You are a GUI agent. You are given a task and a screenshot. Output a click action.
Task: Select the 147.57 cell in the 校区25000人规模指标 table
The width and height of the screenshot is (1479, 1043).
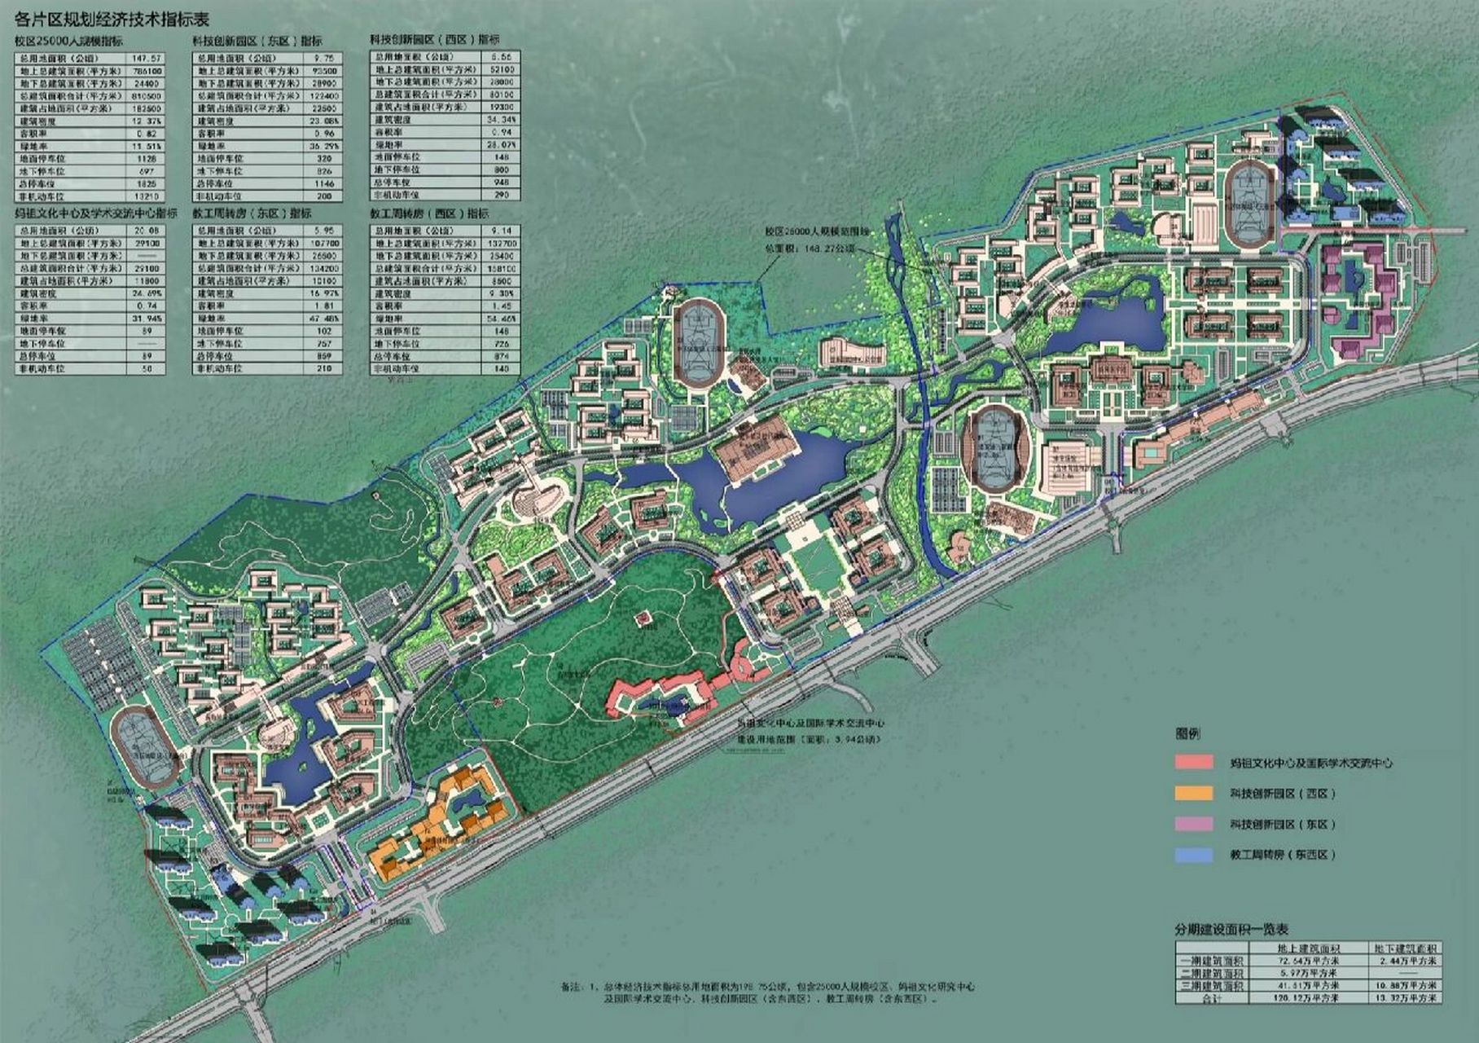145,59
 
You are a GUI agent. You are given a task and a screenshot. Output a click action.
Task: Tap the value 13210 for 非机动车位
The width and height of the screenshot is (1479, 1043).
145,196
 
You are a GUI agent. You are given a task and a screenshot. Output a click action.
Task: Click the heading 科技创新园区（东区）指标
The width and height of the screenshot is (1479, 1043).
257,41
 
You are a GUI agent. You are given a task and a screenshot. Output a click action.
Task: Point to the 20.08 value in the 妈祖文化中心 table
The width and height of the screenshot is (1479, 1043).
145,231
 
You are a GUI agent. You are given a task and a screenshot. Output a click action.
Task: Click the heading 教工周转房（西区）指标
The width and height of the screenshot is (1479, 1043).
429,213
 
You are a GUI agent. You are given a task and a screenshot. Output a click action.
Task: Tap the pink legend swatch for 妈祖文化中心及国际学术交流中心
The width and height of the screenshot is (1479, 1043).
1196,763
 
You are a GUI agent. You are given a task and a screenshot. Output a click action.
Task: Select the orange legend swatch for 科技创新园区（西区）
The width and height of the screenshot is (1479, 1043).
1196,793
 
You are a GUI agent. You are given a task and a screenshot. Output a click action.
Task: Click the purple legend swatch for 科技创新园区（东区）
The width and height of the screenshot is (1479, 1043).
1196,824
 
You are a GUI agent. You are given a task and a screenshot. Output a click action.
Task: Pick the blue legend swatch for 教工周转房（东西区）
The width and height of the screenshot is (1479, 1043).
1196,855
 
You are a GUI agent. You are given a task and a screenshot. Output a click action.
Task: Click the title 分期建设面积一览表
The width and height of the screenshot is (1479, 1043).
1231,930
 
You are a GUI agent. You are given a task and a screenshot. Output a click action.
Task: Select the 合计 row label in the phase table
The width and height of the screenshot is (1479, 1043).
1211,997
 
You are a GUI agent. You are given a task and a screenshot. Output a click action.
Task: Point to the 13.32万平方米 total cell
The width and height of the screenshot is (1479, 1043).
1407,997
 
